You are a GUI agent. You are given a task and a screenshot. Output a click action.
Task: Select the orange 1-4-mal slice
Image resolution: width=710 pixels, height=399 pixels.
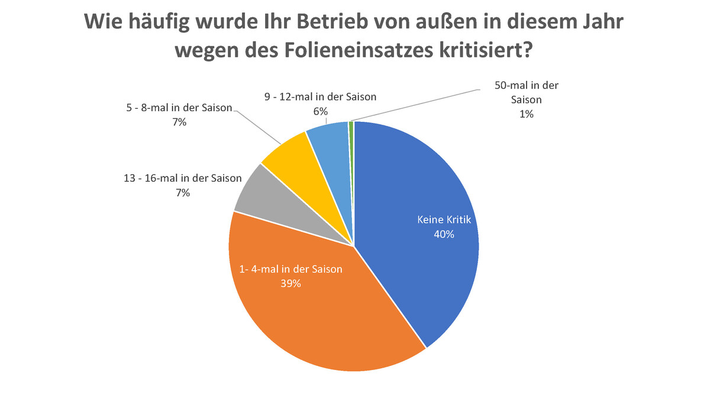click(x=308, y=313)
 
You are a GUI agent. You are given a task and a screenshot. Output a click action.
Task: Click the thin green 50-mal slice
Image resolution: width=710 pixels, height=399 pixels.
click(x=351, y=127)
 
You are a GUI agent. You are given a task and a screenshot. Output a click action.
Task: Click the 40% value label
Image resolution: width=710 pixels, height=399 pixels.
click(x=443, y=235)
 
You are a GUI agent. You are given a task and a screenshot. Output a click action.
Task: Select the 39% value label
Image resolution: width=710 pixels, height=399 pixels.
click(x=291, y=284)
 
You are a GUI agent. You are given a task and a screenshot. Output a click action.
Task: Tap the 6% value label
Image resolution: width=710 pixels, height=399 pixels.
click(x=321, y=111)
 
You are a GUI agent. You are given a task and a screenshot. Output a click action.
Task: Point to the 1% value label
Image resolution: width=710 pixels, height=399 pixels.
click(x=527, y=115)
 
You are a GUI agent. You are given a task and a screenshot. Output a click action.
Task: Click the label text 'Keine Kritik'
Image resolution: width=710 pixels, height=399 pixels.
click(x=443, y=220)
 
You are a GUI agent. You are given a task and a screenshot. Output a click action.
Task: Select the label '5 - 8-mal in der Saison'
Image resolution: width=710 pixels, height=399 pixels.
click(x=179, y=108)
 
